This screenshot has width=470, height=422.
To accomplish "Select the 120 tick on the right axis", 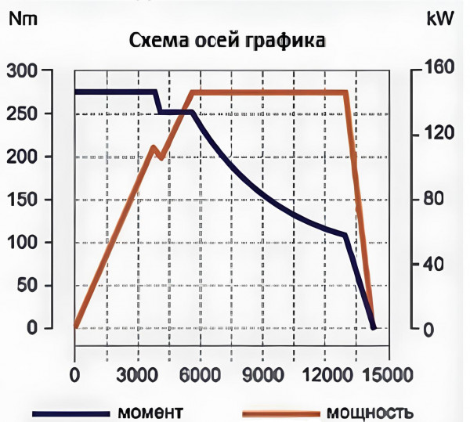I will (x=438, y=134).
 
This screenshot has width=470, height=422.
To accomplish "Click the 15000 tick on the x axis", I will (x=388, y=375).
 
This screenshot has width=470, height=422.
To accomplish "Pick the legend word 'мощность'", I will (x=369, y=412).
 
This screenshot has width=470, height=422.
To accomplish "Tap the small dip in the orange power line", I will (x=160, y=154).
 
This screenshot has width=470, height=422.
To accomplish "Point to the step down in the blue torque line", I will (x=159, y=103).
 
